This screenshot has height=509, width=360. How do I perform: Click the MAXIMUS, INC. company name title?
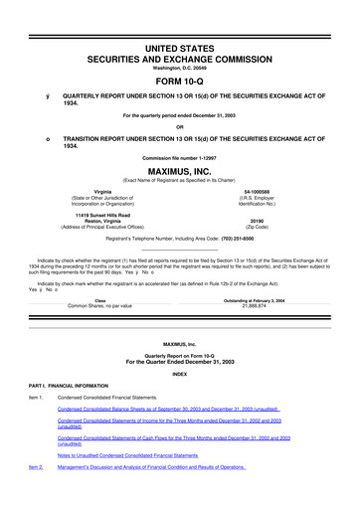tap(179, 171)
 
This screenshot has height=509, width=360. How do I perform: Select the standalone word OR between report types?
tap(179, 126)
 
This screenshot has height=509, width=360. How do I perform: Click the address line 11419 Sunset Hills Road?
tap(102, 213)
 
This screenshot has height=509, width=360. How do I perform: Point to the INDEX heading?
tap(179, 374)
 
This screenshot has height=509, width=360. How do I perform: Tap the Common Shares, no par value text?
tap(99, 306)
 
